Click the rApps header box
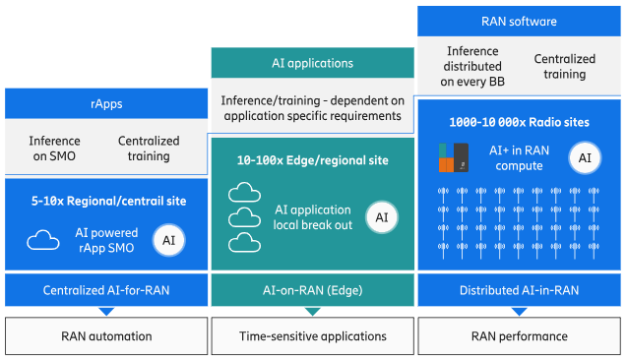click(x=106, y=103)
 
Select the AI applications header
click(x=312, y=63)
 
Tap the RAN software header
click(x=519, y=22)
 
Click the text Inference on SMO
click(x=54, y=149)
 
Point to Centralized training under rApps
click(x=149, y=149)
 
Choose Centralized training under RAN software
click(x=565, y=66)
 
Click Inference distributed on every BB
click(x=472, y=66)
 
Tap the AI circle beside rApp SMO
click(x=168, y=240)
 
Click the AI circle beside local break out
click(x=382, y=217)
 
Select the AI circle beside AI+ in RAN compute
click(x=585, y=157)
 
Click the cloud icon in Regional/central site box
click(x=43, y=240)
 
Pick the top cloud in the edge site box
click(x=244, y=192)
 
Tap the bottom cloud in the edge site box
click(x=244, y=243)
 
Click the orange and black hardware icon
click(x=454, y=157)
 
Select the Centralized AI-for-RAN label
click(x=106, y=290)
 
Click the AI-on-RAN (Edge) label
click(x=312, y=290)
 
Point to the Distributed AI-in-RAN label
click(x=519, y=290)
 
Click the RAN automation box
click(x=106, y=336)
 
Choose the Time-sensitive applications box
click(x=312, y=336)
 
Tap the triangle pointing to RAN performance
click(x=519, y=311)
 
